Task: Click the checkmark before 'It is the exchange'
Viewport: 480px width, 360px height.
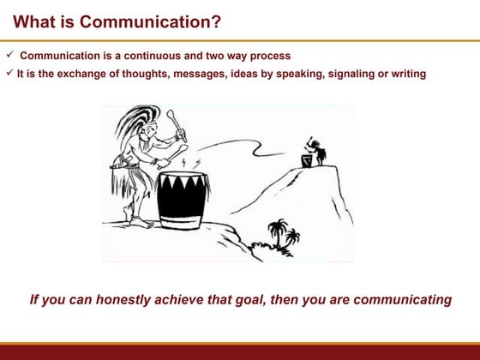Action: [x=9, y=73]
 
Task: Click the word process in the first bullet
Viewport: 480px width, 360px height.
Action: [x=268, y=56]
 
